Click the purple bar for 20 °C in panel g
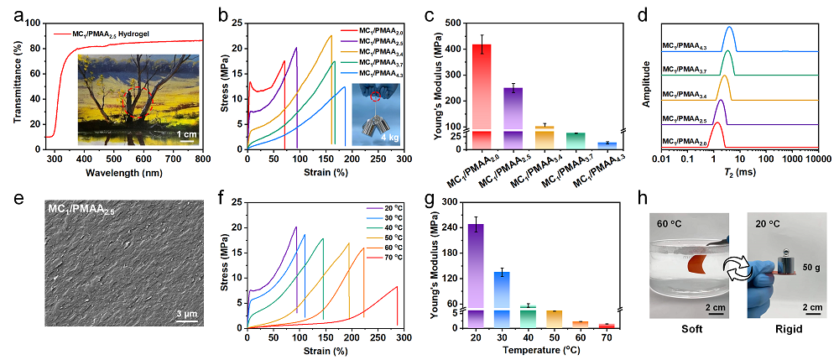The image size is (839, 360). (x=477, y=269)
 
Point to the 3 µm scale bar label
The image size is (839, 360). (x=185, y=313)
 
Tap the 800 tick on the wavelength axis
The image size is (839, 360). (x=202, y=158)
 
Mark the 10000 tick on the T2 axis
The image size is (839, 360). (x=819, y=158)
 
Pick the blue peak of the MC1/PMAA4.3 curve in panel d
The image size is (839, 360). (x=730, y=28)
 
